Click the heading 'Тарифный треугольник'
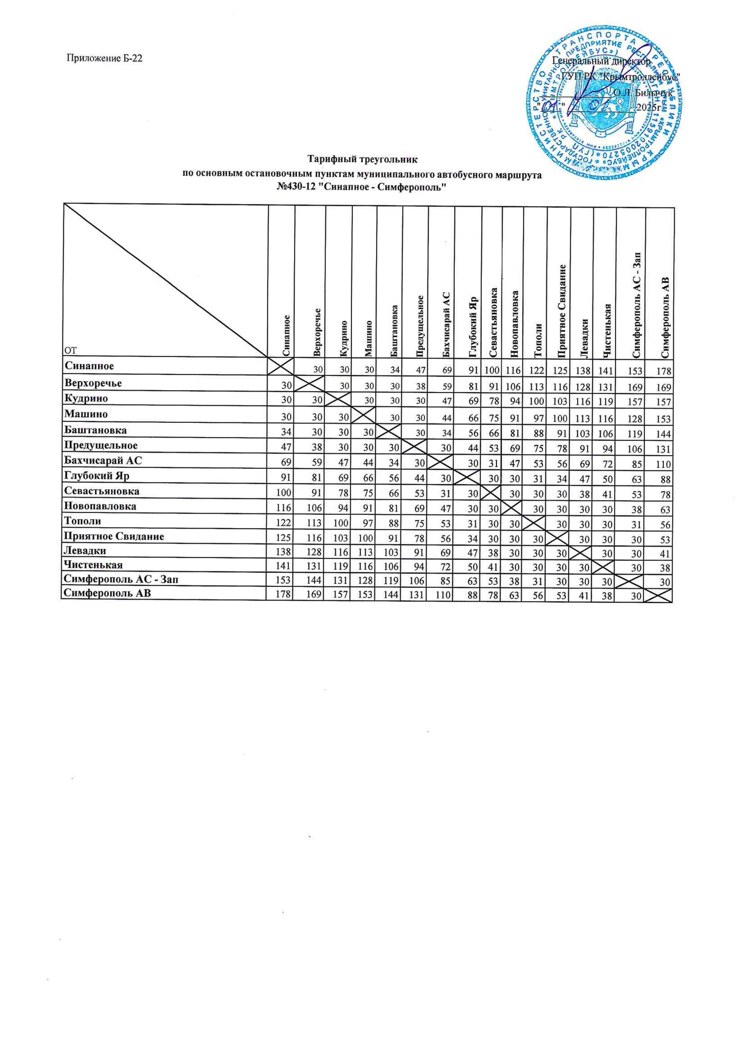point(362,160)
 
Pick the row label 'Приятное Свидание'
point(114,536)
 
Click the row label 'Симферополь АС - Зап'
point(120,579)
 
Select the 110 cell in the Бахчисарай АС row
point(664,464)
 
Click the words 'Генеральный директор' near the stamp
point(601,61)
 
